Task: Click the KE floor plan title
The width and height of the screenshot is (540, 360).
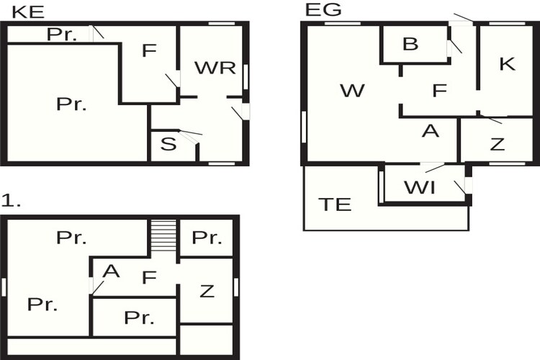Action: click(x=28, y=12)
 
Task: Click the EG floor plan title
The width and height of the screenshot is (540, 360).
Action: click(x=323, y=9)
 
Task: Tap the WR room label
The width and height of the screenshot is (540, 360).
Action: click(x=215, y=68)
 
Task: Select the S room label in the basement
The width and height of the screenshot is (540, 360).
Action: click(x=168, y=144)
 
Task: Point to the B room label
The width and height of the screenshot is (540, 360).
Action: click(x=410, y=44)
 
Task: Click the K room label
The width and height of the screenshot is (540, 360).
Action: click(x=508, y=64)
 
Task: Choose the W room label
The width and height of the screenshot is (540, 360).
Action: click(x=352, y=91)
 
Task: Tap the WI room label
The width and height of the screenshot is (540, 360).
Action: click(x=420, y=188)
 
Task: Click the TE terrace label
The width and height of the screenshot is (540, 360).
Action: click(x=335, y=204)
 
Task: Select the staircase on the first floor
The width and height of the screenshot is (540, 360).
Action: click(x=164, y=235)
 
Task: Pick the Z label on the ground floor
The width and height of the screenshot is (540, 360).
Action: click(x=498, y=144)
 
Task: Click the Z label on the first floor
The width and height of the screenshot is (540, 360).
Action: click(x=207, y=292)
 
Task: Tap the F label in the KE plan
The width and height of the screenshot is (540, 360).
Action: click(x=149, y=50)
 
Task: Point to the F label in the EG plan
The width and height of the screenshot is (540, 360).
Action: click(x=439, y=91)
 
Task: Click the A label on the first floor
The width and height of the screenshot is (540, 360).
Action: click(x=111, y=271)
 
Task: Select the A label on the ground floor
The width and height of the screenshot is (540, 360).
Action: click(x=431, y=131)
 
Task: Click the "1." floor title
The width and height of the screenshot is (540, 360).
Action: click(x=11, y=200)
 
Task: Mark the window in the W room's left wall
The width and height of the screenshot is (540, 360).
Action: click(x=304, y=127)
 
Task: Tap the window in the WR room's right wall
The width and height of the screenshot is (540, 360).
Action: click(x=246, y=77)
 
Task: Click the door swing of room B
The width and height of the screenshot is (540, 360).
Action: click(x=455, y=47)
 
